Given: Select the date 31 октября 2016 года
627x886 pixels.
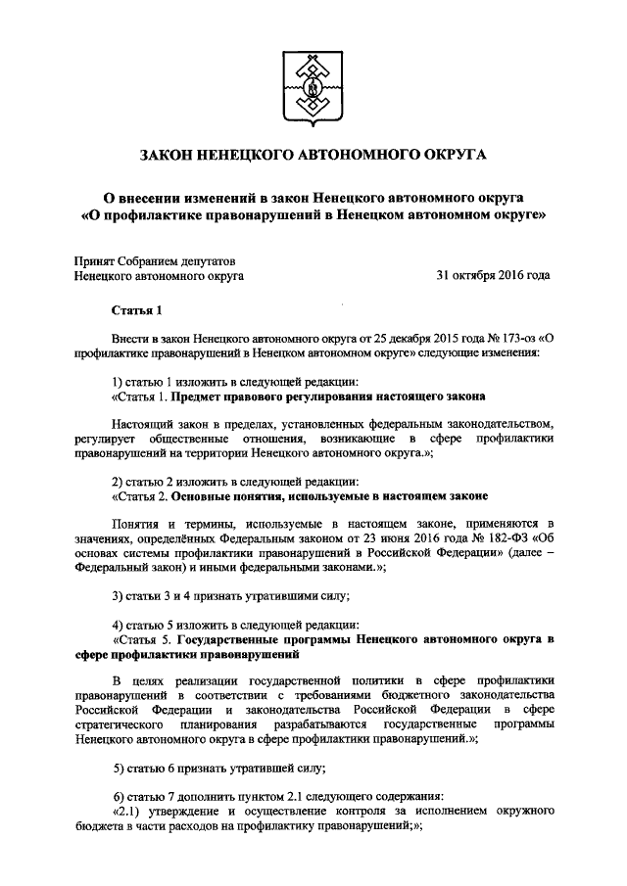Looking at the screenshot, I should pos(493,277).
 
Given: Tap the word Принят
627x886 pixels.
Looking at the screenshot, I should pos(98,260).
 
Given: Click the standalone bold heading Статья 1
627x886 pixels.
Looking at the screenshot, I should pos(135,310).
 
